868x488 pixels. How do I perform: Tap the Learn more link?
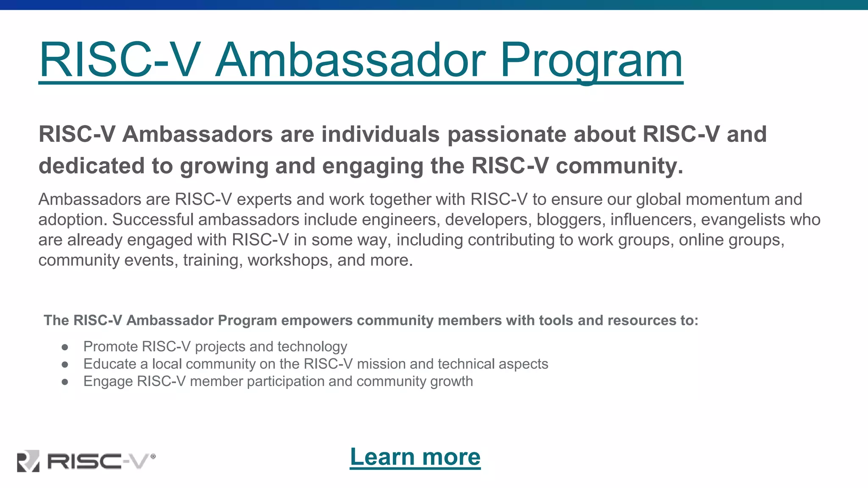[x=415, y=457]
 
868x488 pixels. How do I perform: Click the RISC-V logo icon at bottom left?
[x=28, y=460]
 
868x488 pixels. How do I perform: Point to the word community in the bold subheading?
[x=619, y=166]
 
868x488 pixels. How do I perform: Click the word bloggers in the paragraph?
[x=570, y=219]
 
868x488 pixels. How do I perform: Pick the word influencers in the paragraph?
[x=651, y=219]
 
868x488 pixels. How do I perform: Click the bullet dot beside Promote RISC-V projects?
[x=65, y=347]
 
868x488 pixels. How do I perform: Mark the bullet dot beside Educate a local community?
[x=65, y=364]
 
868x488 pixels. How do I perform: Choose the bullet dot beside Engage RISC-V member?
[x=65, y=382]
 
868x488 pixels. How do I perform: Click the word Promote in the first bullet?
[x=111, y=347]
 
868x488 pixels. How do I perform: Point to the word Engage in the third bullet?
[x=108, y=382]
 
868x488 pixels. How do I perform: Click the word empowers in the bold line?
[x=317, y=320]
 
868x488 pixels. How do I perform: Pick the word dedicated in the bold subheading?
[x=92, y=166]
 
